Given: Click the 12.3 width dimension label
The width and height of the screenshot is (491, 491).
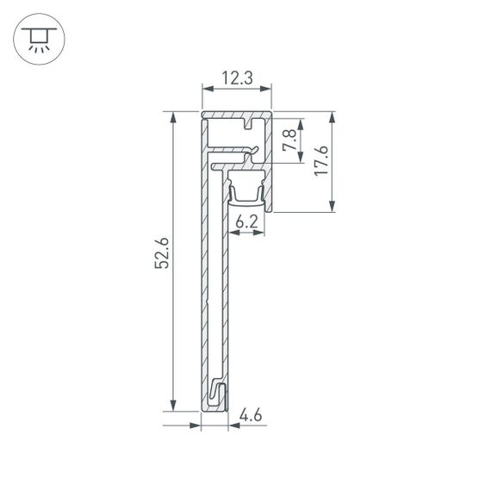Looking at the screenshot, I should (x=236, y=78).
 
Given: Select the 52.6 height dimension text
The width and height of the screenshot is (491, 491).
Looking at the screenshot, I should (x=161, y=258).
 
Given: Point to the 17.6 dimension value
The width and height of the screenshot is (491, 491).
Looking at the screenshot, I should (x=320, y=161).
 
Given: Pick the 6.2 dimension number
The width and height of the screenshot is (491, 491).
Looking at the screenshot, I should (x=247, y=221).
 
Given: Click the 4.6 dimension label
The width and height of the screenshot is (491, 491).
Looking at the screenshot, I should (x=251, y=416).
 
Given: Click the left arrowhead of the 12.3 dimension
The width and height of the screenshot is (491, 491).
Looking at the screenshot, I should (x=206, y=88).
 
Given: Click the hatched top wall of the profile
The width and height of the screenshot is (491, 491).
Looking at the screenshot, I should (x=228, y=115).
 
